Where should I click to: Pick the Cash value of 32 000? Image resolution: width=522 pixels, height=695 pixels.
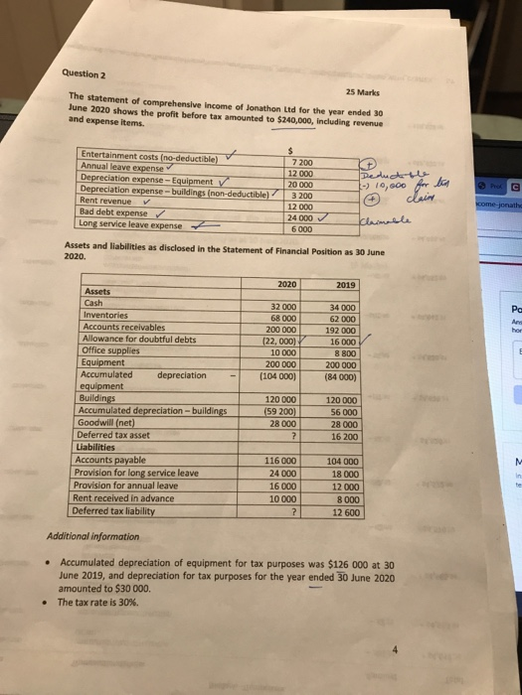(x=284, y=307)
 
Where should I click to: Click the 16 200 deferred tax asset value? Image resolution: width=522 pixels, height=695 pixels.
(x=345, y=436)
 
